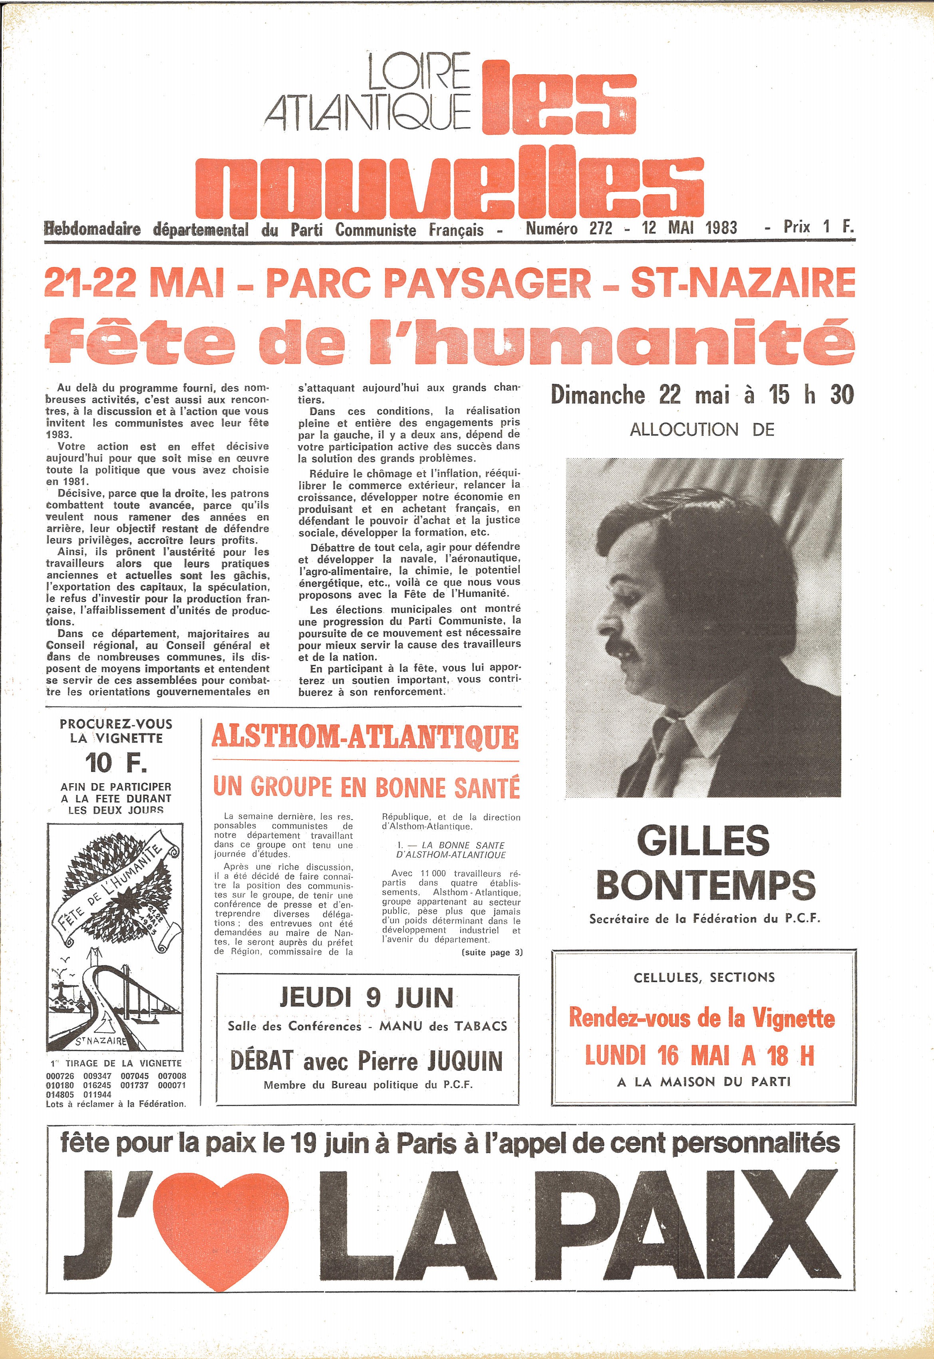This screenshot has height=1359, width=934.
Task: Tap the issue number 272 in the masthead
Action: (600, 228)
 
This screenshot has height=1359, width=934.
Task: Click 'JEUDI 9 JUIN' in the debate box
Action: (366, 998)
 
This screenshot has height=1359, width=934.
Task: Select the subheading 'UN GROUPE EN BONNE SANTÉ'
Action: (366, 788)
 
